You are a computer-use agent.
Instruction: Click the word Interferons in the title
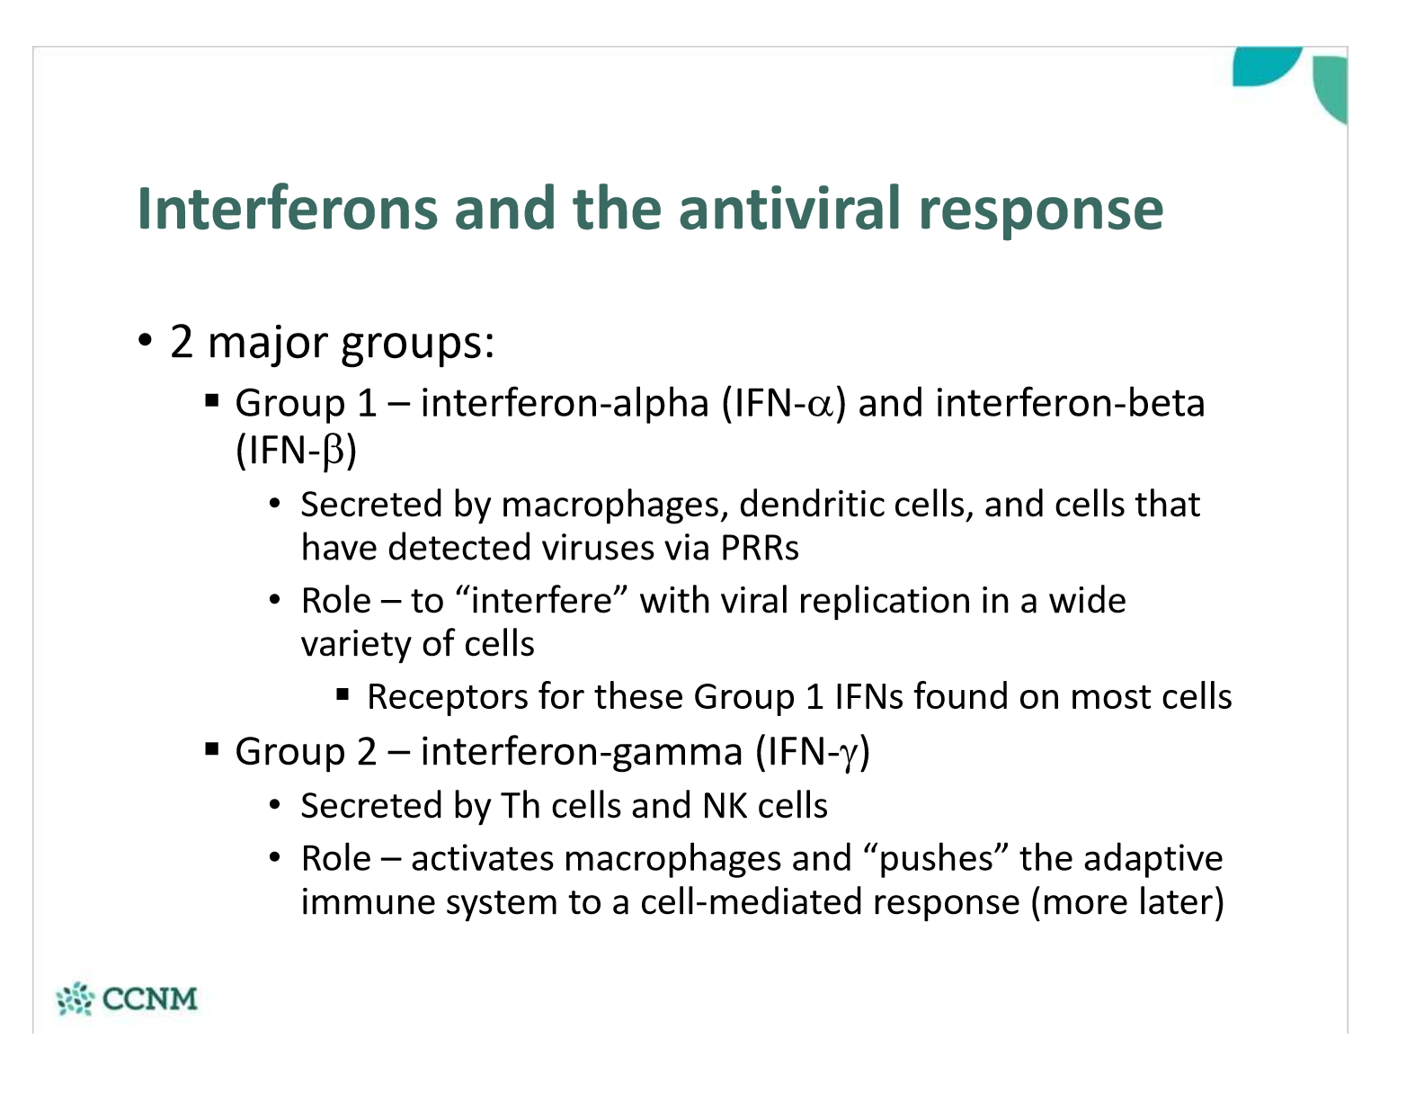tap(287, 210)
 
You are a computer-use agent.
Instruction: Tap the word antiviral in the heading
tap(789, 210)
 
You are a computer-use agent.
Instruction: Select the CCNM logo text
tap(150, 998)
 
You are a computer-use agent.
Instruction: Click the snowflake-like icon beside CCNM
tap(75, 998)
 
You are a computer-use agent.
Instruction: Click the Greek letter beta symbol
tap(334, 452)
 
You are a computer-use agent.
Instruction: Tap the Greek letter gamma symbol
tap(850, 756)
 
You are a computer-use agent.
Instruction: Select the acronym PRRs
tap(760, 547)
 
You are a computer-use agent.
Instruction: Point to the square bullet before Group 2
tap(211, 748)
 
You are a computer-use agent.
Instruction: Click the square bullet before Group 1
tap(211, 400)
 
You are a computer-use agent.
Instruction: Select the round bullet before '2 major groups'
tap(145, 340)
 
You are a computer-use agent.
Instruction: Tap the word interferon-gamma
tap(582, 752)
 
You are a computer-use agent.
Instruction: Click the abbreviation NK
tap(724, 806)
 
